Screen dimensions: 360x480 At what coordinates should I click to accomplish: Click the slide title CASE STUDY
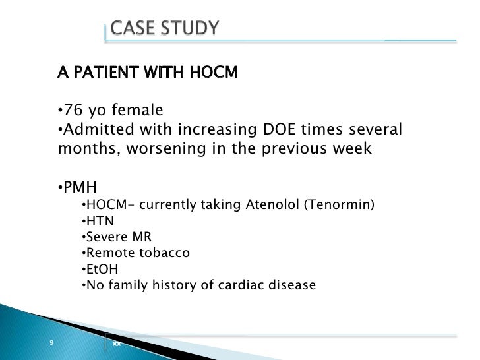click(164, 28)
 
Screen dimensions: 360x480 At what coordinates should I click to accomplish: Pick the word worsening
click(174, 148)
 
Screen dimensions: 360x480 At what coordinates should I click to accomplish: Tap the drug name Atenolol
click(272, 204)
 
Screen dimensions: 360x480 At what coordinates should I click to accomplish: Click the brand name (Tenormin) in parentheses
click(339, 204)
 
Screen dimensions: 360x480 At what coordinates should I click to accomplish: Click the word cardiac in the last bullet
click(243, 285)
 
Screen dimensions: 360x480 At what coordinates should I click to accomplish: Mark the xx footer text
click(117, 344)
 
